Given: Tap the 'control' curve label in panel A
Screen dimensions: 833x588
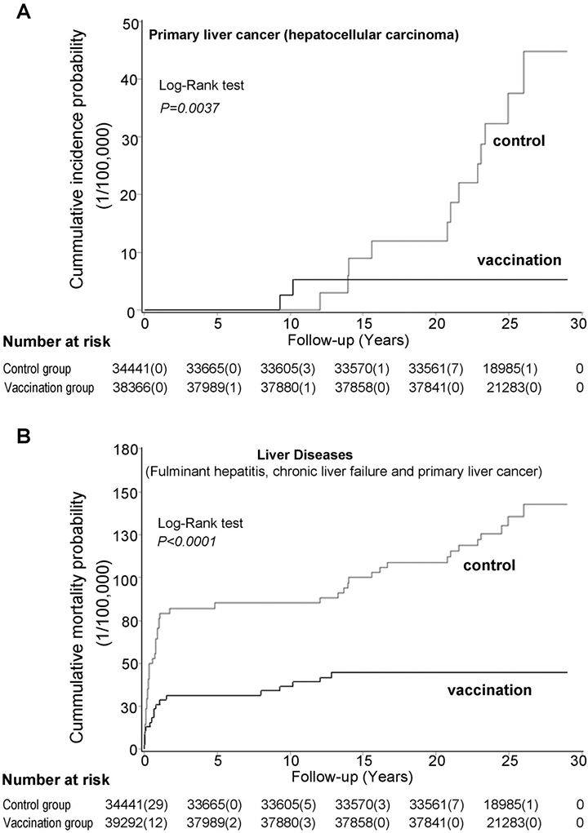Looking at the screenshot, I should click(x=519, y=141).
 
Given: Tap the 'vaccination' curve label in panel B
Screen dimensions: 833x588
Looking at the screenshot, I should click(x=490, y=690).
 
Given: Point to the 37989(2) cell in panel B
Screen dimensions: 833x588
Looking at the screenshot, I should click(x=225, y=823).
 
